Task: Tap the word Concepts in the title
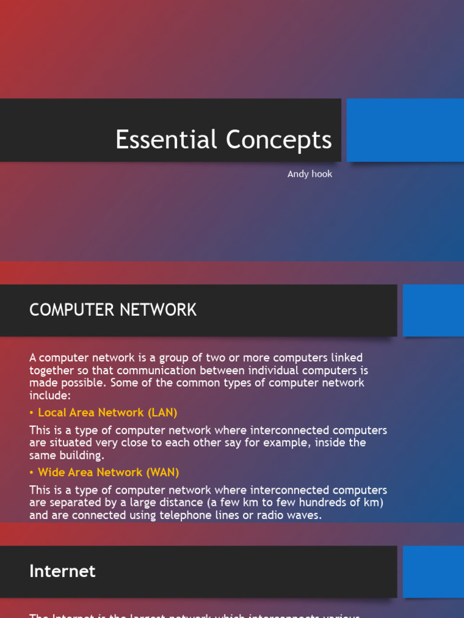[x=279, y=140]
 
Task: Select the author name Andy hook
[x=309, y=174]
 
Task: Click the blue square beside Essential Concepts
[x=405, y=130]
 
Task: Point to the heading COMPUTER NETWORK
[x=113, y=310]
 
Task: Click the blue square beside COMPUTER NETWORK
[x=433, y=310]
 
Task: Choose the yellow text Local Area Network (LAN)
[x=108, y=413]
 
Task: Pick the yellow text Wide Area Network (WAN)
[x=109, y=473]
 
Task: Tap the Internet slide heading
[x=62, y=571]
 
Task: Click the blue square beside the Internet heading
[x=433, y=572]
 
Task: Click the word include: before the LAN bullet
[x=50, y=395]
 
